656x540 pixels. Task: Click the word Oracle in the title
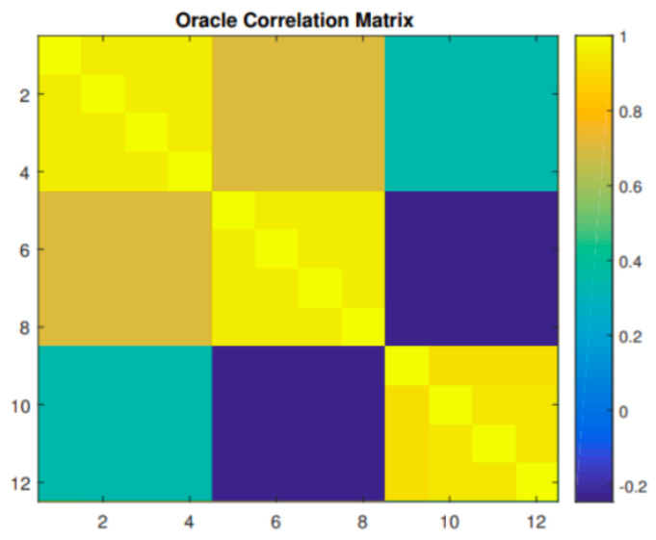(x=204, y=19)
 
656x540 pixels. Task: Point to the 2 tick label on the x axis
(x=102, y=523)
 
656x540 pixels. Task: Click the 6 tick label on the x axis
(x=276, y=523)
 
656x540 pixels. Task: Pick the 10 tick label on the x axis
(x=449, y=523)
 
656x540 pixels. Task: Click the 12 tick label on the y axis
(x=17, y=482)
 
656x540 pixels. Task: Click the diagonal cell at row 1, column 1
(x=59, y=56)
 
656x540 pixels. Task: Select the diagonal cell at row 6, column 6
(x=276, y=250)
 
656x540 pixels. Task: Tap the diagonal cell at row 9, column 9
(x=406, y=366)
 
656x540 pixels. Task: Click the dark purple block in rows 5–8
(x=471, y=269)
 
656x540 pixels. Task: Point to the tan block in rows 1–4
(x=298, y=114)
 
